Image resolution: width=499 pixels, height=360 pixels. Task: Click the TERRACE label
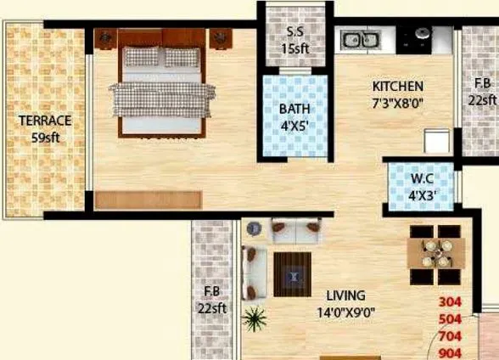coord(45,121)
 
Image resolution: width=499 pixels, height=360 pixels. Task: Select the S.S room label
coord(296,33)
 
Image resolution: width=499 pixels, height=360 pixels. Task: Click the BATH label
coord(294,109)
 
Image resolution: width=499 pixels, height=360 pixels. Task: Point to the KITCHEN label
coord(398,87)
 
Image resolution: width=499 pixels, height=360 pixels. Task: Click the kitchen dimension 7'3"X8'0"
coord(398,103)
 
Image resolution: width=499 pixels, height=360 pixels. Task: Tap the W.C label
coord(422,178)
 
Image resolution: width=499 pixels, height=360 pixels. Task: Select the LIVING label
coord(345,295)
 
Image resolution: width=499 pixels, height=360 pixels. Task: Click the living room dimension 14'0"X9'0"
coord(345,311)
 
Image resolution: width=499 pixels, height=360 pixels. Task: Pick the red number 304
coord(450,302)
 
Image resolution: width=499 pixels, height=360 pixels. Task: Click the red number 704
coord(450,336)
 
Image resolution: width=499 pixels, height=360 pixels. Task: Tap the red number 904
coord(450,352)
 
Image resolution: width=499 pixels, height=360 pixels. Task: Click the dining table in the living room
coord(435,253)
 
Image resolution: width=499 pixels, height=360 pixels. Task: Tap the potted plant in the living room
coord(254,320)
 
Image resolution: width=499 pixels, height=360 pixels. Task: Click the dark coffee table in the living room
coord(294,273)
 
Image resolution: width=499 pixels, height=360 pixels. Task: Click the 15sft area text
coord(296,48)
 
